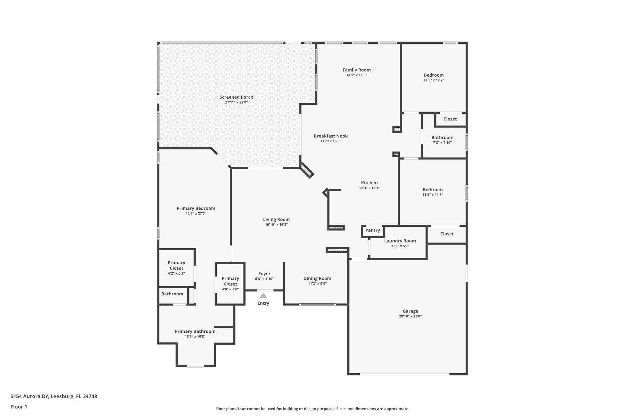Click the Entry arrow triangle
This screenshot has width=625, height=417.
pyautogui.click(x=263, y=295)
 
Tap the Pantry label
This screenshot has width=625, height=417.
pyautogui.click(x=373, y=230)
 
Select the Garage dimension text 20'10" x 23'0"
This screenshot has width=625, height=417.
pyautogui.click(x=410, y=316)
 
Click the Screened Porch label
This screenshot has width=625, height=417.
pyautogui.click(x=236, y=97)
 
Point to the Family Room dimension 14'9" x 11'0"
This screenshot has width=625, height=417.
pyautogui.click(x=356, y=75)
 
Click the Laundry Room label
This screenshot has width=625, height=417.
pyautogui.click(x=400, y=241)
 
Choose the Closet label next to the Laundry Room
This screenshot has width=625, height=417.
pyautogui.click(x=447, y=234)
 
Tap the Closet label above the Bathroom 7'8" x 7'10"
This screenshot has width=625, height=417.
pyautogui.click(x=450, y=119)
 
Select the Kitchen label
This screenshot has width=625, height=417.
pyautogui.click(x=369, y=183)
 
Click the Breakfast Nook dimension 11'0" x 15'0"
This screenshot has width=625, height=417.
pyautogui.click(x=331, y=141)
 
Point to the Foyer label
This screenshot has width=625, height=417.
pyautogui.click(x=264, y=274)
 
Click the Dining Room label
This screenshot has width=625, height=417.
pyautogui.click(x=317, y=278)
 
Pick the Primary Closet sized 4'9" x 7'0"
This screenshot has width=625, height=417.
pyautogui.click(x=230, y=281)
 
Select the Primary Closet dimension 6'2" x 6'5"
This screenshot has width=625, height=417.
pyautogui.click(x=176, y=273)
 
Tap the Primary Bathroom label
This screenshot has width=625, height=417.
pyautogui.click(x=195, y=331)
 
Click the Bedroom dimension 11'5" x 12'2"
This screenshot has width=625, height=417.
pyautogui.click(x=434, y=80)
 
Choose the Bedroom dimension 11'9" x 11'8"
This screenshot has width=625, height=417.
pyautogui.click(x=432, y=195)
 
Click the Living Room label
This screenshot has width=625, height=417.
pyautogui.click(x=276, y=219)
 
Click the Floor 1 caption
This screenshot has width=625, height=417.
pyautogui.click(x=19, y=407)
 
